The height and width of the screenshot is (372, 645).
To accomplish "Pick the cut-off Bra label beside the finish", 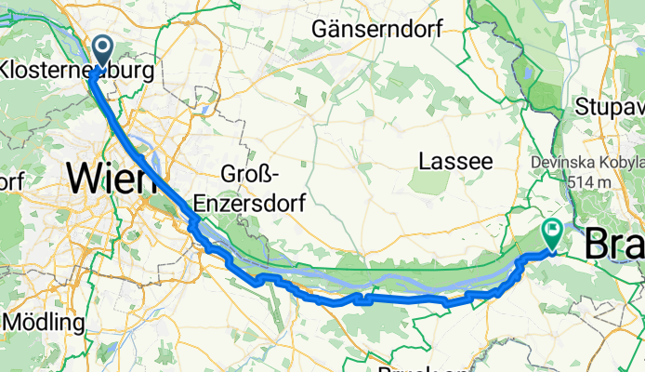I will click(614, 244).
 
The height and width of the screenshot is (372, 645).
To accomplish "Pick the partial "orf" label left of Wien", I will click(11, 179).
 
